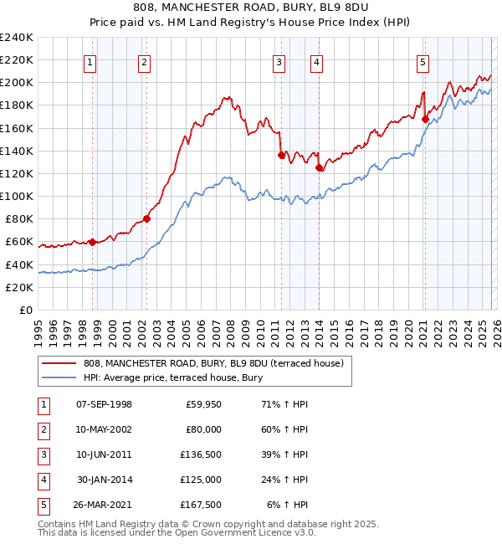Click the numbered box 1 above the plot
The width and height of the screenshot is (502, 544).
tap(90, 61)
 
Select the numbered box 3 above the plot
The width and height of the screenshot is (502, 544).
tap(279, 61)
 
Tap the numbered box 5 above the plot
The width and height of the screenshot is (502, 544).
tap(423, 61)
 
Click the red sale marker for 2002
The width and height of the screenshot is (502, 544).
tap(146, 219)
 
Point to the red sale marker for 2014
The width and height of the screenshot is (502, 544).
tap(319, 167)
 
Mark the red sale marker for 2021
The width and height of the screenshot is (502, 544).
tap(425, 119)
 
